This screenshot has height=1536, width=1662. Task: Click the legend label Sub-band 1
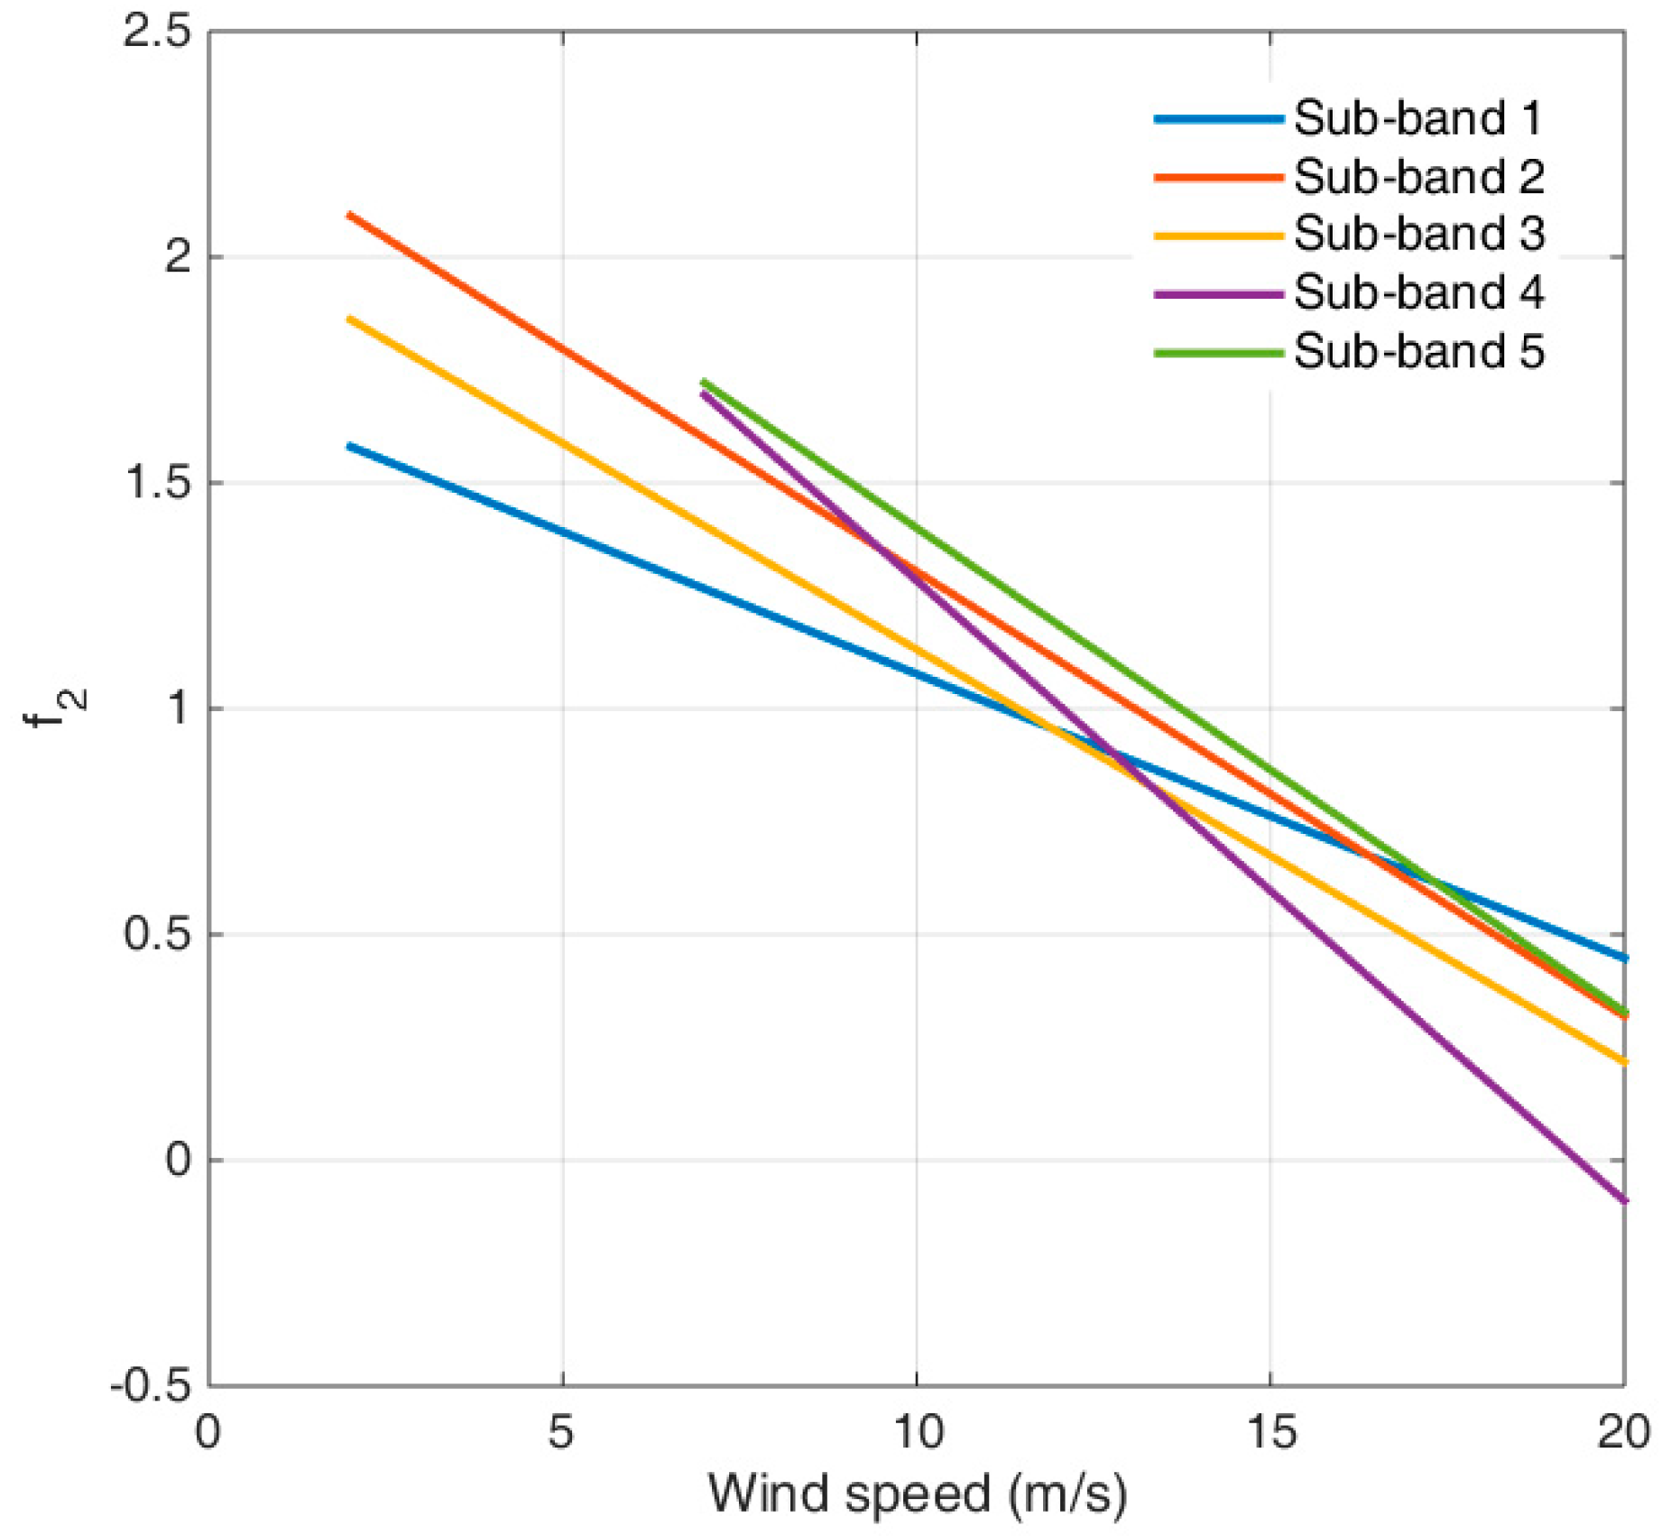point(1417,118)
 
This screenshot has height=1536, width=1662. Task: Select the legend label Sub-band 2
point(1418,177)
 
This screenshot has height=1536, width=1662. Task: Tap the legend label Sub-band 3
point(1418,234)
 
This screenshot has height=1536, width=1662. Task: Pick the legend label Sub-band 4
point(1418,292)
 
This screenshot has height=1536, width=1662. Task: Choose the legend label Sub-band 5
point(1418,351)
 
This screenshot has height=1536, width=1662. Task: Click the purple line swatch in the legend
point(1218,294)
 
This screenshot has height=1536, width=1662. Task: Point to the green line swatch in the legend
point(1218,353)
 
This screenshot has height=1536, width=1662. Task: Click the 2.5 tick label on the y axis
point(157,32)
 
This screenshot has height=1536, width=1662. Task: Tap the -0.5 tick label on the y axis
point(151,1384)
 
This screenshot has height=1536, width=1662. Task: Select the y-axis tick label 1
point(179,708)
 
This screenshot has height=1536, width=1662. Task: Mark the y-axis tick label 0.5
point(157,934)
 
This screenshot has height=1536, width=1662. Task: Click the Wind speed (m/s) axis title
point(917,1494)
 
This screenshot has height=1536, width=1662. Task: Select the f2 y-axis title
point(50,708)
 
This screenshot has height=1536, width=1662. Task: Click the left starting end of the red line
point(350,215)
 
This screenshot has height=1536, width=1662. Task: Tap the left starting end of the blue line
point(350,446)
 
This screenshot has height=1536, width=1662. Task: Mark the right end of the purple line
point(1623,1200)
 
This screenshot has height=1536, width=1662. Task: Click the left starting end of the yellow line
point(350,319)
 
